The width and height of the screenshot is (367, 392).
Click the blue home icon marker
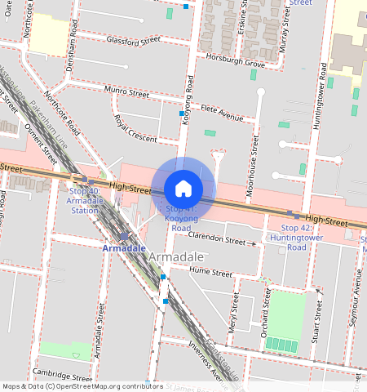coord(183,189)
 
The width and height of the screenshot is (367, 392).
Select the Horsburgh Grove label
coord(236,63)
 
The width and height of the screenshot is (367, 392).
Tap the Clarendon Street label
coord(216,241)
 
